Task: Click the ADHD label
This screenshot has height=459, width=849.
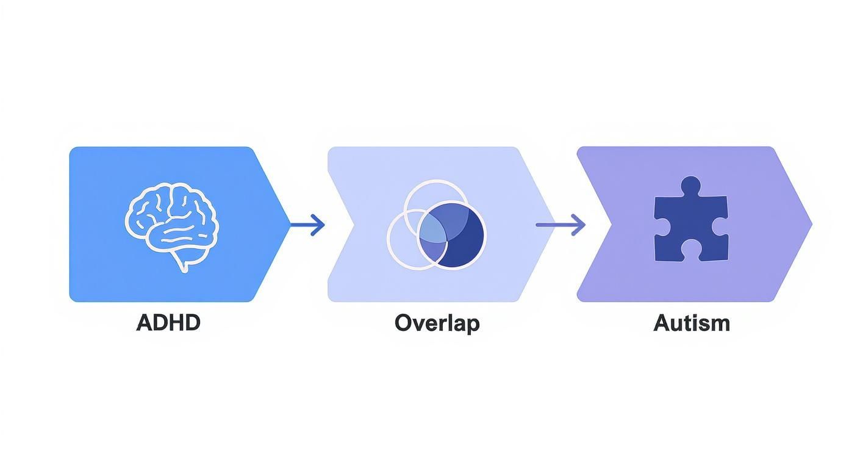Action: tap(168, 323)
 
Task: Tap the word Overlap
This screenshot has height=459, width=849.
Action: tap(437, 324)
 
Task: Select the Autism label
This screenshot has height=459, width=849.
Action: tap(692, 323)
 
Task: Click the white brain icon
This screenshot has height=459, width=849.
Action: tap(172, 227)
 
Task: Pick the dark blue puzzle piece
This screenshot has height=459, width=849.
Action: tap(691, 219)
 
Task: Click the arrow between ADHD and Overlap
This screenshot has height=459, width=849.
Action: tap(307, 225)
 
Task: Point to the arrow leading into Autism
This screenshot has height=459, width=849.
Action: tap(561, 225)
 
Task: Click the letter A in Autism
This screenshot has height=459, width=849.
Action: tap(662, 323)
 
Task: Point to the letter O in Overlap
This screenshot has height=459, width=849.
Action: tap(404, 323)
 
